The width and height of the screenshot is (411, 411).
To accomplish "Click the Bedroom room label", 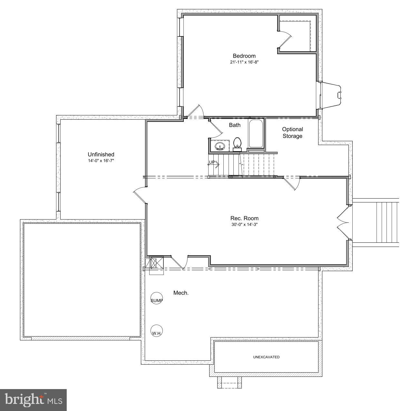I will [x=244, y=56].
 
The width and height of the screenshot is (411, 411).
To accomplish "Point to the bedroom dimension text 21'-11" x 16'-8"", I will [x=244, y=62].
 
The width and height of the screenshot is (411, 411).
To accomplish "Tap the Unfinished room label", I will [x=101, y=154].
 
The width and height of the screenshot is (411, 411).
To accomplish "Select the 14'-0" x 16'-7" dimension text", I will [x=101, y=161].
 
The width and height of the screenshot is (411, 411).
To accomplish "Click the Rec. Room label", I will [x=244, y=218].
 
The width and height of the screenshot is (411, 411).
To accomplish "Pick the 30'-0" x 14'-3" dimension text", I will [x=244, y=224].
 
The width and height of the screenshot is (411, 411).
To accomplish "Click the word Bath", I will [x=235, y=125].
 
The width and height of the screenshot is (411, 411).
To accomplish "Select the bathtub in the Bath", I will [x=256, y=134].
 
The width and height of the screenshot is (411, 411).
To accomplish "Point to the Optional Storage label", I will [x=292, y=132].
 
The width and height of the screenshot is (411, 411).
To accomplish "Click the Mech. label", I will [x=181, y=293].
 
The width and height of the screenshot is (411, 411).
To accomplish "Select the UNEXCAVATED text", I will [x=266, y=357].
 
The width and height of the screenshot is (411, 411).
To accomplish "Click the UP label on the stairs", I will [x=212, y=162].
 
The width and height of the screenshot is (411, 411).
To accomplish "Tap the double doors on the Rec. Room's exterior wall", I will [x=342, y=222].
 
